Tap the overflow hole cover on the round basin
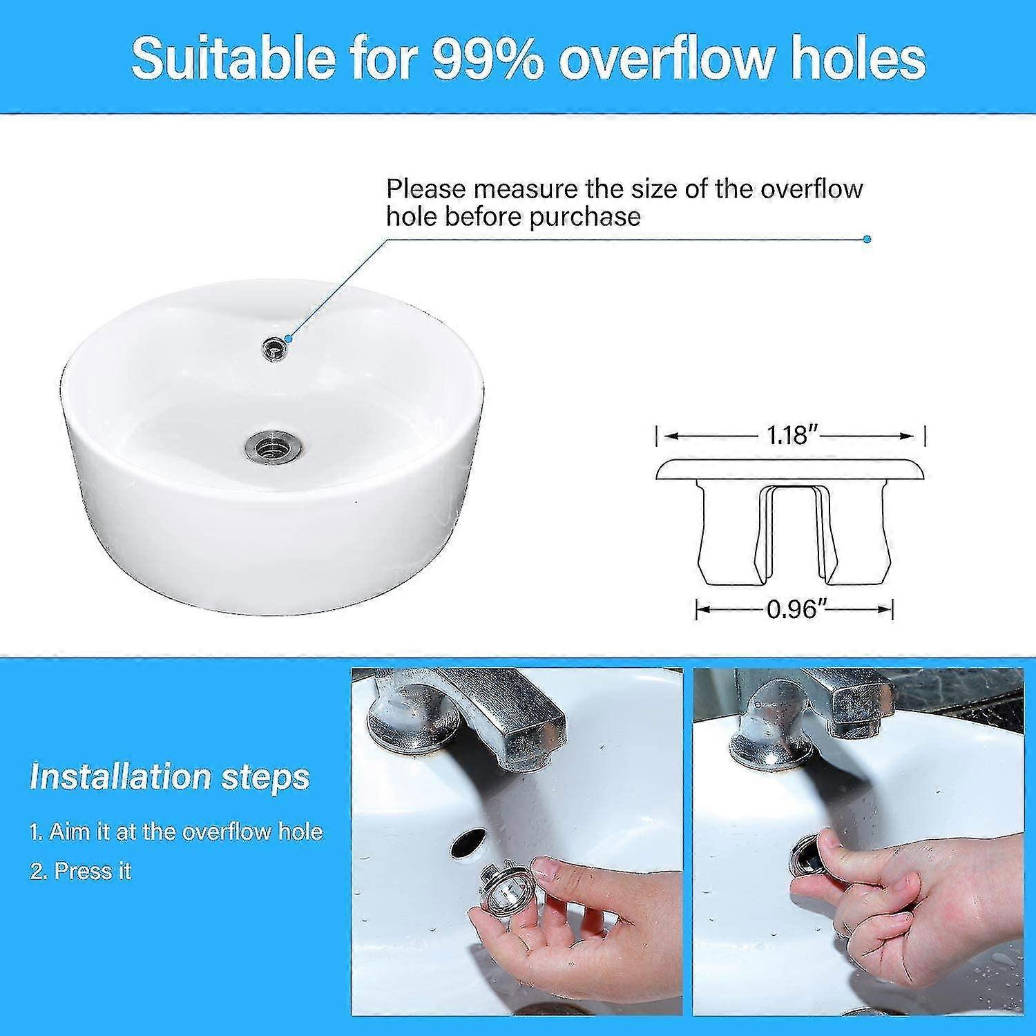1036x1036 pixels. tap(275, 347)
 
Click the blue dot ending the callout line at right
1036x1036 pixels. tap(867, 240)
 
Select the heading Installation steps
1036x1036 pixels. tap(170, 777)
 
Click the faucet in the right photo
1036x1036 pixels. tap(812, 718)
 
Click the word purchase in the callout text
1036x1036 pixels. tap(584, 218)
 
